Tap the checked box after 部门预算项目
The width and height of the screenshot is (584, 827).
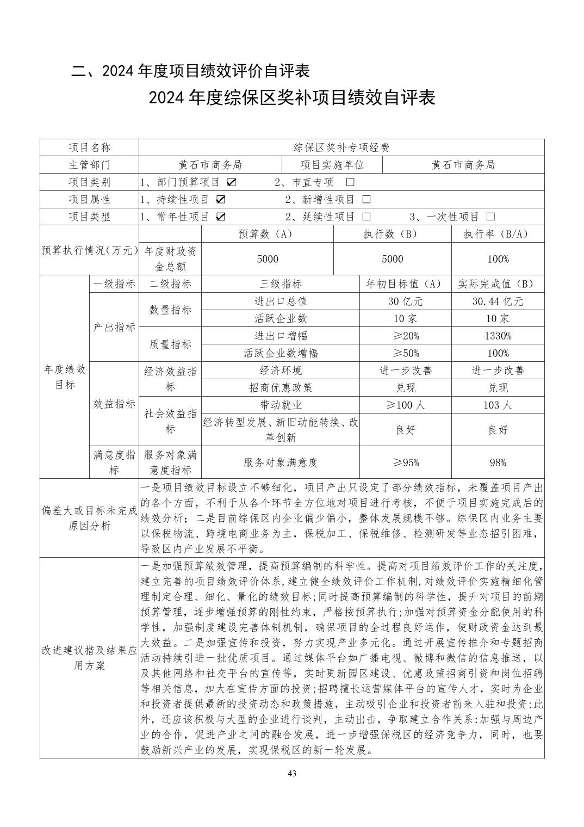232,182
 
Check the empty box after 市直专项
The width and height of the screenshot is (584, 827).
350,182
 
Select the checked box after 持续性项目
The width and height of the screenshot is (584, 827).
221,199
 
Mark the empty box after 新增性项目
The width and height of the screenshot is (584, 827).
366,199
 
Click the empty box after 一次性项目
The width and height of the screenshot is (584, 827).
491,217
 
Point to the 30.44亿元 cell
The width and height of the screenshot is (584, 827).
498,301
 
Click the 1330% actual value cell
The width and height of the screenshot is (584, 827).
498,336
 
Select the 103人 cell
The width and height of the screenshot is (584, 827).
498,405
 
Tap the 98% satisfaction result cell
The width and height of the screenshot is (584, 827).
498,462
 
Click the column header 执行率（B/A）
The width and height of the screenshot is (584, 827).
498,234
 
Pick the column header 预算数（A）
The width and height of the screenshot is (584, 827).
267,234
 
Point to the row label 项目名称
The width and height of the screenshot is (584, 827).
89,147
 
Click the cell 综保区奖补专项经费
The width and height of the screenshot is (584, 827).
341,147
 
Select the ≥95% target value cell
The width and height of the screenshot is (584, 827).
406,462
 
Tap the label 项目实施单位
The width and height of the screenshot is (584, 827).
332,164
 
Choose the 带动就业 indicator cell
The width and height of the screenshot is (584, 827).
281,405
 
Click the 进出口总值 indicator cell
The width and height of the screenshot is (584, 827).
281,301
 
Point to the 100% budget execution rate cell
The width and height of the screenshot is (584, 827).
498,259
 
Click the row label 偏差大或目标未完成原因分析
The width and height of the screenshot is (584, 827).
89,518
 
